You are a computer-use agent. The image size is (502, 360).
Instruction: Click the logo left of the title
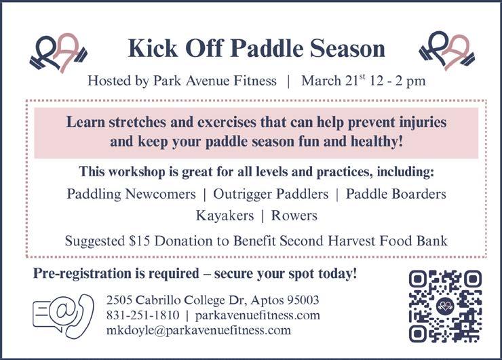click(59, 53)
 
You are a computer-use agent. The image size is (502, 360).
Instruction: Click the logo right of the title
click(447, 52)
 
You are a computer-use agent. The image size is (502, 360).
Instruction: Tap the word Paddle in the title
click(267, 49)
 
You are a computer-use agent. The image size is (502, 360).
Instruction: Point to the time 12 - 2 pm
click(398, 81)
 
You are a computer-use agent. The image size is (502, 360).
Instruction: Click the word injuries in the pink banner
click(423, 123)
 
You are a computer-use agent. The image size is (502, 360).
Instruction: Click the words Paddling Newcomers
click(131, 195)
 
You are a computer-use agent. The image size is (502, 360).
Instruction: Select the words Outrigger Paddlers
click(271, 195)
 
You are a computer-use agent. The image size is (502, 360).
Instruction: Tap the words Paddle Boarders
click(395, 194)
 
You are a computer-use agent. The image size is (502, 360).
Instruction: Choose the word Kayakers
click(225, 216)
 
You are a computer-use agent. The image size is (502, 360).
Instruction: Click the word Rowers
click(294, 216)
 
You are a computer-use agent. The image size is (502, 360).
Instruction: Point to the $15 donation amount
click(139, 241)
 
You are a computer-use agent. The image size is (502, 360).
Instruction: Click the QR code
click(445, 306)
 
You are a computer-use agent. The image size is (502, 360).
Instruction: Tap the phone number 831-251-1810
click(142, 315)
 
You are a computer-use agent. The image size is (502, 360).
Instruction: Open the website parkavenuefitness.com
click(257, 315)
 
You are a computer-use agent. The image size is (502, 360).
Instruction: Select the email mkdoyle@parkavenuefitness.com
click(199, 331)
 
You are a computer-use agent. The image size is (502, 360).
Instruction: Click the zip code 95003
click(303, 300)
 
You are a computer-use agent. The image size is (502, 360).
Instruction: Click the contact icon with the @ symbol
click(63, 315)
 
